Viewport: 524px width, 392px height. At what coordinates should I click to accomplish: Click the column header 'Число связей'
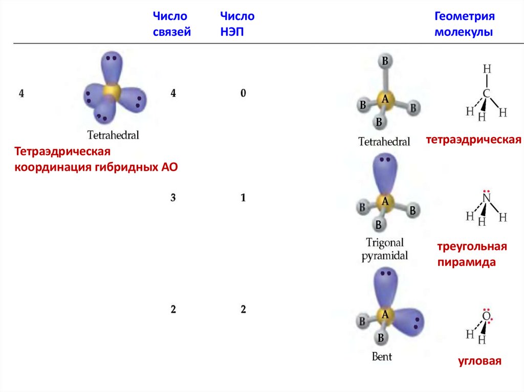171,25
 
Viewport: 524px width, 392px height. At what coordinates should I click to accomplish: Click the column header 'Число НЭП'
236,25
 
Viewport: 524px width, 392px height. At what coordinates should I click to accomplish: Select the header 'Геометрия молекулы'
465,25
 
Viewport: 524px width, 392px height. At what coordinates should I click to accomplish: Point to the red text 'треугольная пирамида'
471,255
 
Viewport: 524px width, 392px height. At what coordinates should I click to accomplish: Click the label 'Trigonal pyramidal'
385,249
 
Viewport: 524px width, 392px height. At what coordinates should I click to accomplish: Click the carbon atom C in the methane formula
487,94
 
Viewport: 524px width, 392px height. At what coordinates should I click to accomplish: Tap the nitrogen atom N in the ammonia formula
487,198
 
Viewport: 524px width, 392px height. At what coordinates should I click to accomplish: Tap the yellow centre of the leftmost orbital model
111,91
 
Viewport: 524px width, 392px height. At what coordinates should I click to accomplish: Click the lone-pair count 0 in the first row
243,94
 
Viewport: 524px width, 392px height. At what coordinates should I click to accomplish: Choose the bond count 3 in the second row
173,198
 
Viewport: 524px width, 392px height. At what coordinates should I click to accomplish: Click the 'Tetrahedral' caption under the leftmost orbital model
114,135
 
